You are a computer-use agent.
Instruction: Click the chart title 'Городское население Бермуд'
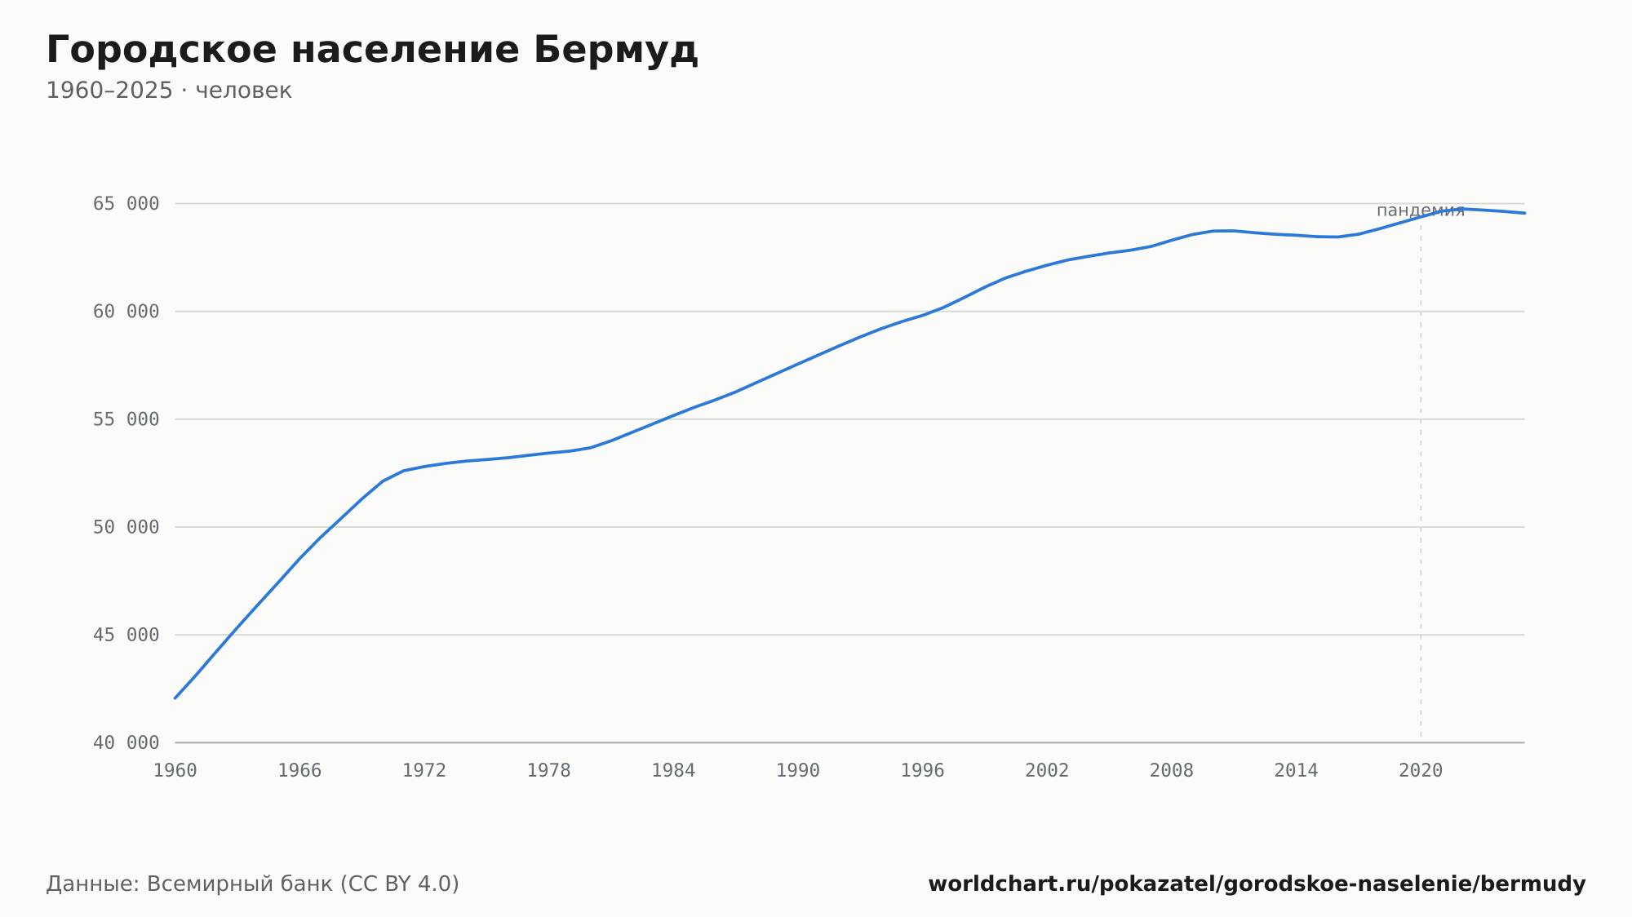pyautogui.click(x=372, y=51)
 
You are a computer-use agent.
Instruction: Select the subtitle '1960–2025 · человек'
pyautogui.click(x=169, y=91)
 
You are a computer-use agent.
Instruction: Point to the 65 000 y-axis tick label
pyautogui.click(x=126, y=204)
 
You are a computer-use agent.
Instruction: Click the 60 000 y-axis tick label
pyautogui.click(x=126, y=312)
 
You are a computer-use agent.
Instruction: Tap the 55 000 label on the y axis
pyautogui.click(x=126, y=419)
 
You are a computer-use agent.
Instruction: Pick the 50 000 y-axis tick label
pyautogui.click(x=126, y=527)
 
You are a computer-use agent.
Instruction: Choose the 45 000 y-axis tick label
pyautogui.click(x=126, y=635)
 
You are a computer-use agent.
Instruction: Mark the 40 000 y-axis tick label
pyautogui.click(x=126, y=743)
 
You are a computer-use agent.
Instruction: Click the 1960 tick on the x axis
pyautogui.click(x=175, y=771)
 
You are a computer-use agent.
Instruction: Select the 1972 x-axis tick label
pyautogui.click(x=424, y=771)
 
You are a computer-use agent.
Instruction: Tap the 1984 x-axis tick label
pyautogui.click(x=673, y=771)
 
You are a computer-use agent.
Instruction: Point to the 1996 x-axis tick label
pyautogui.click(x=923, y=771)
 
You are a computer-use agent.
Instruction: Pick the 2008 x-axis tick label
pyautogui.click(x=1172, y=771)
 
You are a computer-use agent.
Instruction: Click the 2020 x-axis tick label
pyautogui.click(x=1421, y=771)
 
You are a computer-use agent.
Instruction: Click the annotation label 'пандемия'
pyautogui.click(x=1421, y=210)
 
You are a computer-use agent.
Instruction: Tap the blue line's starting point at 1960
pyautogui.click(x=175, y=698)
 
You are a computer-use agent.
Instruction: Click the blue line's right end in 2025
pyautogui.click(x=1524, y=213)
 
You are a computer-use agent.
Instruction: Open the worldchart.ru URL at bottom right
pyautogui.click(x=1257, y=884)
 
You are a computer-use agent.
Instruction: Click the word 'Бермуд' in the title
pyautogui.click(x=616, y=51)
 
